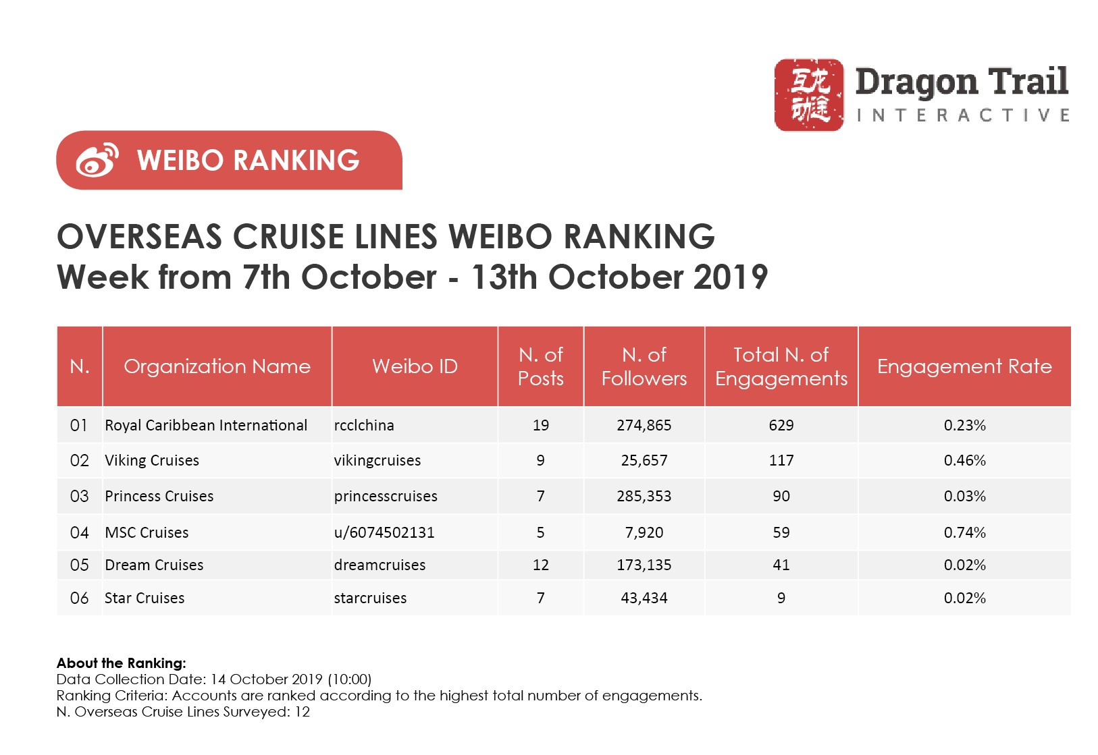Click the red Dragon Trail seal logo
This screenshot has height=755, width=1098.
pos(808,94)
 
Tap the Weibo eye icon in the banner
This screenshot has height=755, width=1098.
pos(97,161)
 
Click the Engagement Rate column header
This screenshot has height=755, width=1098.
pos(964,366)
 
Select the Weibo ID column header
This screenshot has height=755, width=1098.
pos(415,366)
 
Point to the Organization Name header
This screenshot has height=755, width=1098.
pos(217,366)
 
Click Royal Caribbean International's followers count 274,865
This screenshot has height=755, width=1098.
pos(644,426)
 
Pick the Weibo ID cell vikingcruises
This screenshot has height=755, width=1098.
pos(377,461)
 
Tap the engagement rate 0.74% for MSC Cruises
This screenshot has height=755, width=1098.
pos(964,533)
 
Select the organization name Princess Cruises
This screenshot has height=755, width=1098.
pos(159,497)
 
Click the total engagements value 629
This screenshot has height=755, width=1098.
pos(781,426)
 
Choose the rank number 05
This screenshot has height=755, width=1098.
pos(79,565)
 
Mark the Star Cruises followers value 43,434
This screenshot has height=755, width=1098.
pos(644,598)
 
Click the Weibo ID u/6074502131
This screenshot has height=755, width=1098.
pos(384,533)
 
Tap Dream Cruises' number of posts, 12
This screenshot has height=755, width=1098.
pos(540,565)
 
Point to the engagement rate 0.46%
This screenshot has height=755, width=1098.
pos(964,461)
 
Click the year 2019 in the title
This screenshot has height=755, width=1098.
pos(730,277)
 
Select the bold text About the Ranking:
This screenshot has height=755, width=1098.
pos(121,663)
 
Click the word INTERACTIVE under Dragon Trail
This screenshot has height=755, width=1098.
pos(962,116)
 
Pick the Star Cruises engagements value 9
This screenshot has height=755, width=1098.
pos(781,598)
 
